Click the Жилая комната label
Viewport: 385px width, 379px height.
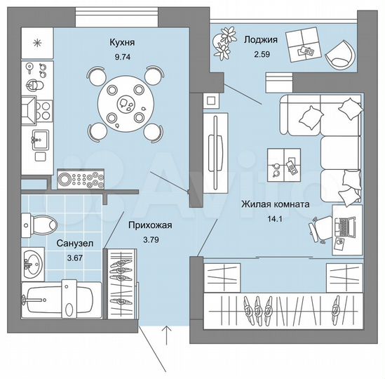[274, 205]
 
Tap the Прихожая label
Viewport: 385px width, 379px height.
[149, 226]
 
